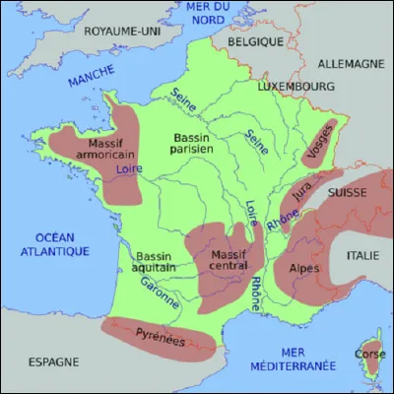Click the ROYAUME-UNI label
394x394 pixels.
coord(123,32)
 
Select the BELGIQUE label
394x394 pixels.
coord(257,43)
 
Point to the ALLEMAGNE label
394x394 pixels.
coord(350,63)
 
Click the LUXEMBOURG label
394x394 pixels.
coord(295,88)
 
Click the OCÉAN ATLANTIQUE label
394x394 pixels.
coord(49,244)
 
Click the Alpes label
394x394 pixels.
coord(302,266)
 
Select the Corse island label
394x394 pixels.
coord(370,353)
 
